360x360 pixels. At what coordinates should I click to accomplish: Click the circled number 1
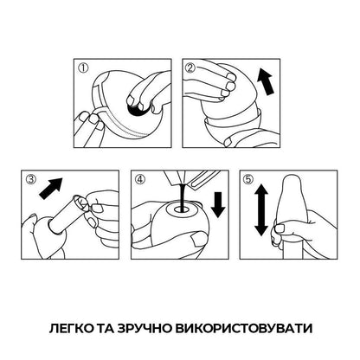pyautogui.click(x=85, y=67)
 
